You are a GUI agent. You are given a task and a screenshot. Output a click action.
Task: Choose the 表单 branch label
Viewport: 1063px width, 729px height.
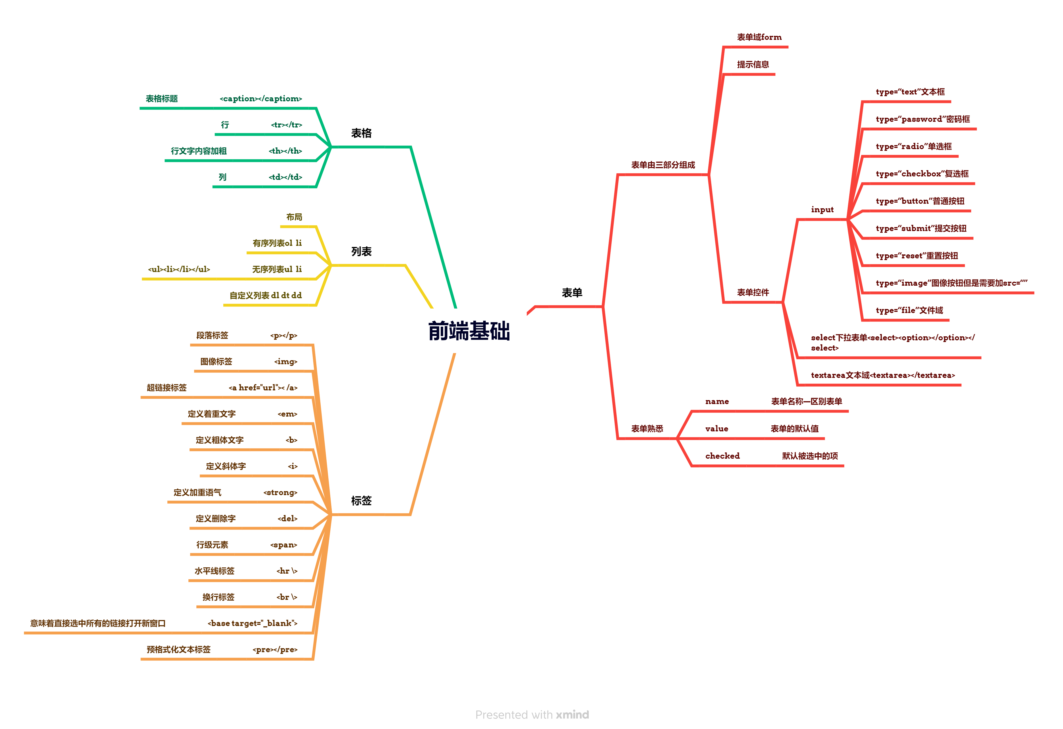point(572,293)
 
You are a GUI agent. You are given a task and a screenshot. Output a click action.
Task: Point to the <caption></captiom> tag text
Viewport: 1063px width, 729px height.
point(261,99)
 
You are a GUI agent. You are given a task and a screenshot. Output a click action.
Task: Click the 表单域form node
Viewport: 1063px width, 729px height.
point(759,37)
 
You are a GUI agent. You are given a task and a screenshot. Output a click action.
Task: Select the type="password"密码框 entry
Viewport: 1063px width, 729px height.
point(922,119)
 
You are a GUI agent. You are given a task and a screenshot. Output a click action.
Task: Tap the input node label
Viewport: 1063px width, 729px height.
point(822,209)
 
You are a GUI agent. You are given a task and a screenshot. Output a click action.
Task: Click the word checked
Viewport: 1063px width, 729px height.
point(722,456)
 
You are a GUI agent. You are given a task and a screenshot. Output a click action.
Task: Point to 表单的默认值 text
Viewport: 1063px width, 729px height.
point(794,429)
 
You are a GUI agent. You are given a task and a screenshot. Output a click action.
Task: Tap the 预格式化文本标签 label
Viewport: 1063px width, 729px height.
point(178,649)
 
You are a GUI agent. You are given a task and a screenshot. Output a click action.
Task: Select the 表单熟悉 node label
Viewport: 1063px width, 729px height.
point(647,429)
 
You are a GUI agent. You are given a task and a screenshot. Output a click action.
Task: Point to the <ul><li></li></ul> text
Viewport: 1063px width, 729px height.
point(179,269)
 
